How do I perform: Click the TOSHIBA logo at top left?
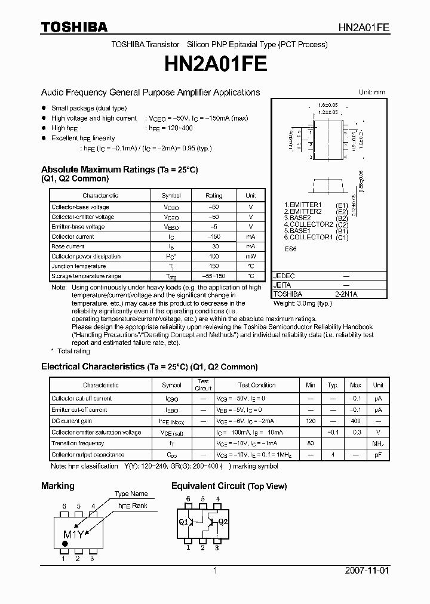pyautogui.click(x=74, y=27)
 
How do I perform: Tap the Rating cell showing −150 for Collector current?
pyautogui.click(x=213, y=237)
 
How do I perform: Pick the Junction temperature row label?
pyautogui.click(x=78, y=266)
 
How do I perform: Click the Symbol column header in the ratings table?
pyautogui.click(x=171, y=196)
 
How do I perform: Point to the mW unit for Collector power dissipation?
pyautogui.click(x=250, y=257)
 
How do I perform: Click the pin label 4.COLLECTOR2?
pyautogui.click(x=308, y=224)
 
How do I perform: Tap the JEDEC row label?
pyautogui.click(x=284, y=277)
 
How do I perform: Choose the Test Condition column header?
pyautogui.click(x=256, y=385)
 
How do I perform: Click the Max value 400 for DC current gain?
pyautogui.click(x=355, y=421)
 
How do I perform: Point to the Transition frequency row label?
pyautogui.click(x=78, y=443)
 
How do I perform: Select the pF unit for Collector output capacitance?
pyautogui.click(x=378, y=455)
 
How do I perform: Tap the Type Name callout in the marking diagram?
pyautogui.click(x=131, y=494)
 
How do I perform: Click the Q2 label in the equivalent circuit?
pyautogui.click(x=223, y=521)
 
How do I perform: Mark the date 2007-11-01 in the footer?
pyautogui.click(x=367, y=571)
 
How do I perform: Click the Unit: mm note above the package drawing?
pyautogui.click(x=371, y=93)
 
